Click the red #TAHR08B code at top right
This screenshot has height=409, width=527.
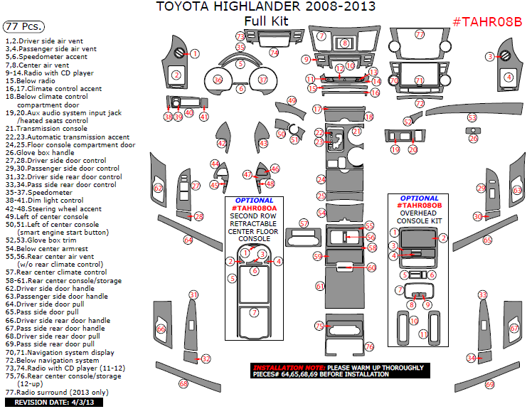pyautogui.click(x=487, y=22)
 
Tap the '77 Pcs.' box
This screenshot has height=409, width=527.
pyautogui.click(x=23, y=26)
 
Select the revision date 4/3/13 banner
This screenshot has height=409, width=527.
pyautogui.click(x=54, y=403)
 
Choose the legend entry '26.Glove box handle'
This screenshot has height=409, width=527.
pyautogui.click(x=49, y=152)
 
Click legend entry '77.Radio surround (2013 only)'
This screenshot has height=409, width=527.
pyautogui.click(x=57, y=392)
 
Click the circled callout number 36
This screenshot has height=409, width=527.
pyautogui.click(x=218, y=80)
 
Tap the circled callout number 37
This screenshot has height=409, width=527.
pyautogui.click(x=263, y=80)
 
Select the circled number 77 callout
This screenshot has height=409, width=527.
pyautogui.click(x=420, y=34)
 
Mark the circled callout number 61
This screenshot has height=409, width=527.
pyautogui.click(x=320, y=286)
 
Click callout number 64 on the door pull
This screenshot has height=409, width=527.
pyautogui.click(x=188, y=240)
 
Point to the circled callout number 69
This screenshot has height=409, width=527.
pyautogui.click(x=489, y=385)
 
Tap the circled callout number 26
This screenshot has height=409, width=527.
pyautogui.click(x=474, y=139)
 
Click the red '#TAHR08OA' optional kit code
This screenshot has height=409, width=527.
pyautogui.click(x=254, y=208)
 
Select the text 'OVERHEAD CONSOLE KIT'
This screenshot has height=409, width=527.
pyautogui.click(x=420, y=217)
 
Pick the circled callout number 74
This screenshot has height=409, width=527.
pyautogui.click(x=274, y=53)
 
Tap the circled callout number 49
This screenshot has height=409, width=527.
pyautogui.click(x=292, y=100)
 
